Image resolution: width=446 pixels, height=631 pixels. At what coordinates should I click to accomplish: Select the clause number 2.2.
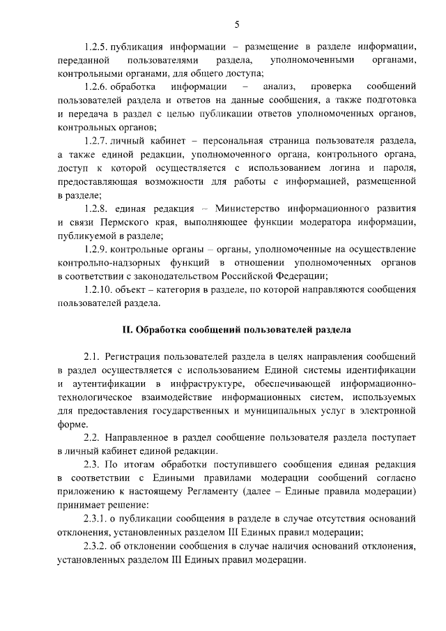[x=92, y=437]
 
